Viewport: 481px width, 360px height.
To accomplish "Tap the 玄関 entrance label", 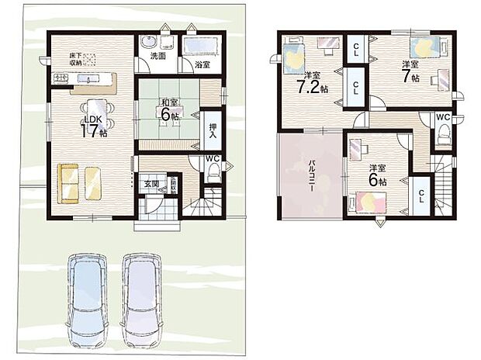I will tap(151, 184).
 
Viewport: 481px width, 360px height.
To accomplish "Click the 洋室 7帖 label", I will tap(410, 72).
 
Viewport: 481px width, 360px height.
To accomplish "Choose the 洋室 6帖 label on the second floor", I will tap(378, 174).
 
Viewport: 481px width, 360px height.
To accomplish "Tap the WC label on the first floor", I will tap(212, 161).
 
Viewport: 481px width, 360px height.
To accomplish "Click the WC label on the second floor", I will tap(442, 117).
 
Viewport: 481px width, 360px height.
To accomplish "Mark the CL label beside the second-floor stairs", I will tap(422, 196).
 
